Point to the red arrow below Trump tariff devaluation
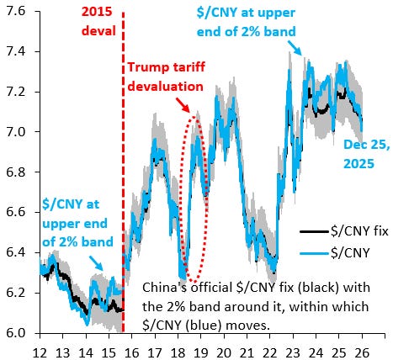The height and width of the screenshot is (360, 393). coord(183,105)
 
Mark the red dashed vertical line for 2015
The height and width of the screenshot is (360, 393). coord(124,168)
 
